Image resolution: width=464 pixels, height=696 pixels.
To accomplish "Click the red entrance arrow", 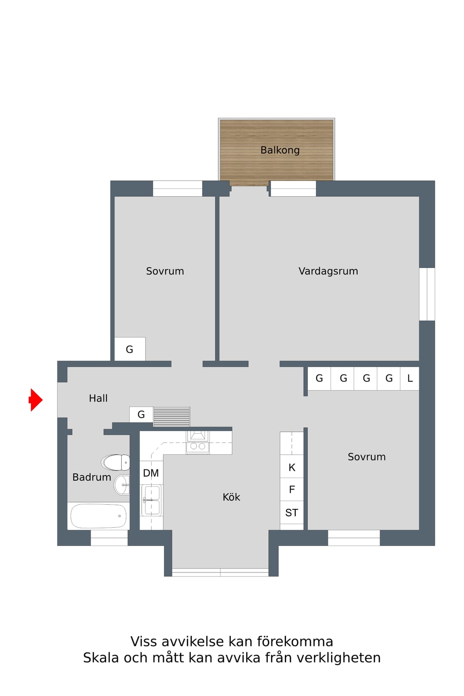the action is pyautogui.click(x=36, y=400).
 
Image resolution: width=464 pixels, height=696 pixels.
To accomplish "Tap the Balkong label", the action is pyautogui.click(x=280, y=151).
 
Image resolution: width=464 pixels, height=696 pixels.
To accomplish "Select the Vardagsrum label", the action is pyautogui.click(x=328, y=271).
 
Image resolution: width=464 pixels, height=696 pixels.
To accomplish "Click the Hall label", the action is pyautogui.click(x=98, y=398).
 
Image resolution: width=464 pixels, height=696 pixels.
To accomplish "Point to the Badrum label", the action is pyautogui.click(x=92, y=477).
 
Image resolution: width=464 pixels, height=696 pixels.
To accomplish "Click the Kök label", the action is pyautogui.click(x=231, y=497).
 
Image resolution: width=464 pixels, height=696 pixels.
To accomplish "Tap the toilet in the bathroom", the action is pyautogui.click(x=116, y=462).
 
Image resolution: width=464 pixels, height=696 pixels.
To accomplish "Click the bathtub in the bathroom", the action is pyautogui.click(x=98, y=516).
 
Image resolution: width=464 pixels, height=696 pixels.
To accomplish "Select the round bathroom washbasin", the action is pyautogui.click(x=122, y=485).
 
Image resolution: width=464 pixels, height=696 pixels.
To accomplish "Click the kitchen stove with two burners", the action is pyautogui.click(x=197, y=442).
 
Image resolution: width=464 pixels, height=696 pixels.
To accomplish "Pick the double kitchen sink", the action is pyautogui.click(x=151, y=500).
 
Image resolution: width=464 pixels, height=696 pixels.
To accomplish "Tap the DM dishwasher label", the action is pyautogui.click(x=151, y=473).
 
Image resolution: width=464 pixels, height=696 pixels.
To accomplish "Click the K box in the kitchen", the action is pyautogui.click(x=292, y=467).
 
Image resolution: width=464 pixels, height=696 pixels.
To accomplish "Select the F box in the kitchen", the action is pyautogui.click(x=292, y=489).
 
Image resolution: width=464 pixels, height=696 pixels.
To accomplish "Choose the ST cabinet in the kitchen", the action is pyautogui.click(x=292, y=512).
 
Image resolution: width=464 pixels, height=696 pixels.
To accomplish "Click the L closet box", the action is pyautogui.click(x=410, y=378).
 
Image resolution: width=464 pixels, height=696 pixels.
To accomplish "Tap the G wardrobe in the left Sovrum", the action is pyautogui.click(x=130, y=349).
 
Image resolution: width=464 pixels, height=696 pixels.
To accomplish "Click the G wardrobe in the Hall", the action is pyautogui.click(x=141, y=415).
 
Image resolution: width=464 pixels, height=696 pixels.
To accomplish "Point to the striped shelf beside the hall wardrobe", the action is pyautogui.click(x=172, y=416).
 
